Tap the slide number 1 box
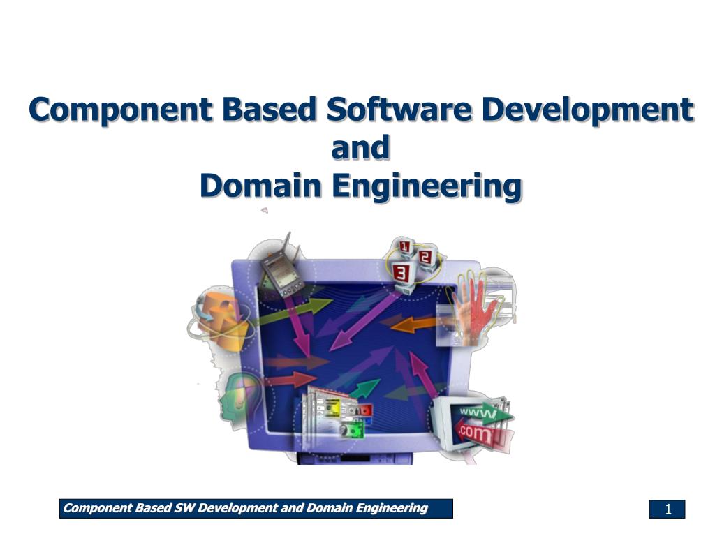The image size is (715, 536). [667, 509]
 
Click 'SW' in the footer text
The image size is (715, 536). [183, 508]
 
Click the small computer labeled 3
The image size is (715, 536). [401, 272]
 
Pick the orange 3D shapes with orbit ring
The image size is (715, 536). [221, 318]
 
